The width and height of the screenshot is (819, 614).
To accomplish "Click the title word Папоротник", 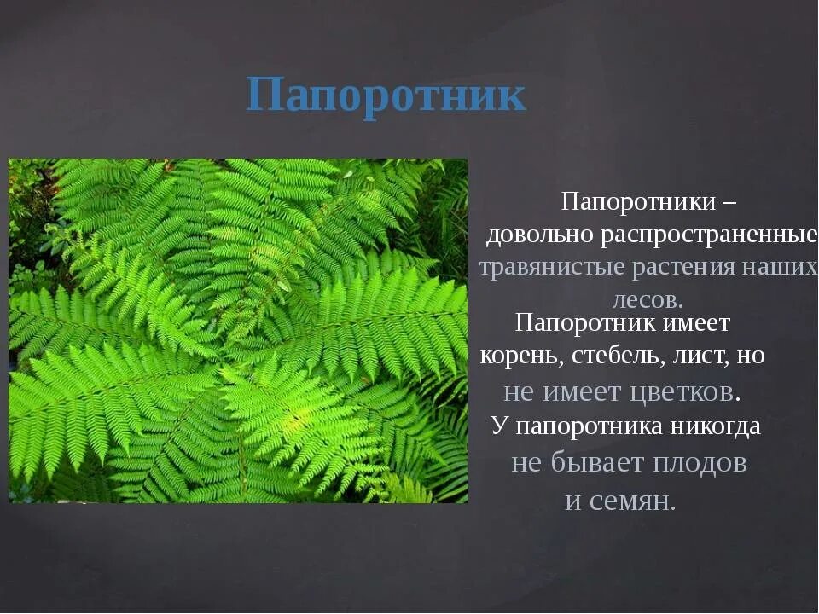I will click(x=386, y=95).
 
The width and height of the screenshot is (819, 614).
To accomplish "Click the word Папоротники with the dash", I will click(x=638, y=203).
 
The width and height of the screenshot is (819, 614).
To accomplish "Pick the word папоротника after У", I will click(x=588, y=426).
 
